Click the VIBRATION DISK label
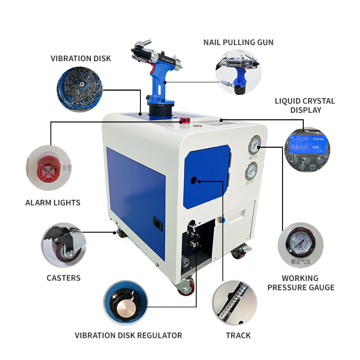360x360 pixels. (81, 58)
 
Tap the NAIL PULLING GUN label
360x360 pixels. (238, 43)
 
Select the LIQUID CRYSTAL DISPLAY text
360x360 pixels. (305, 105)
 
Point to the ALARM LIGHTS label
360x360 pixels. (53, 202)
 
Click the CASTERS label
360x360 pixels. (63, 278)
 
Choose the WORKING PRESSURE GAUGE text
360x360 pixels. (301, 283)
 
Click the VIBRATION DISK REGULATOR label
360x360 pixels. (128, 335)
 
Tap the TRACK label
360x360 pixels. (238, 335)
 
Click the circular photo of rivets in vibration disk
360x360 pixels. (80, 86)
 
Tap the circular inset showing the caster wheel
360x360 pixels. (63, 246)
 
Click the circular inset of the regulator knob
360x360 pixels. (126, 303)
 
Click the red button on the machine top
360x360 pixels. (184, 121)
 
